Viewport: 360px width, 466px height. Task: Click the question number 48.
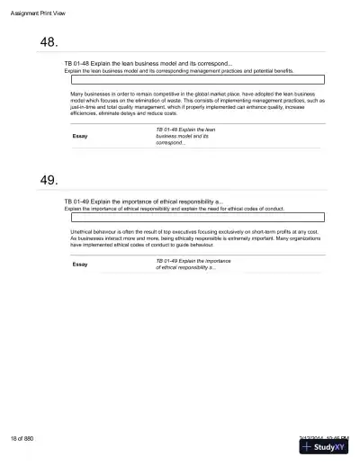pyautogui.click(x=50, y=42)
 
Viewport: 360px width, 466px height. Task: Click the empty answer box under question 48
pyautogui.click(x=196, y=79)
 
